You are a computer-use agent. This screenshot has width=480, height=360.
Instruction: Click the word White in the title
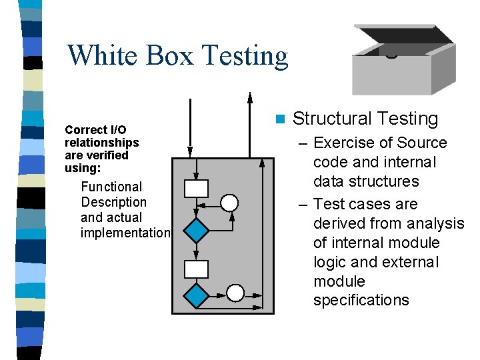tap(100, 55)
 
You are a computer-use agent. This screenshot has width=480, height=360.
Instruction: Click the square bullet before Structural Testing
tap(280, 119)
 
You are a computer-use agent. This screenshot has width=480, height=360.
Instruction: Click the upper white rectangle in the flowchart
tap(196, 189)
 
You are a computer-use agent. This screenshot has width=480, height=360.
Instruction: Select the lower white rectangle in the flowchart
tap(196, 269)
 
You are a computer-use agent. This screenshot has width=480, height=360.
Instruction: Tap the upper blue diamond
tap(196, 231)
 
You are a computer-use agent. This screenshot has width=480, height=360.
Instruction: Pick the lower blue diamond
tap(196, 294)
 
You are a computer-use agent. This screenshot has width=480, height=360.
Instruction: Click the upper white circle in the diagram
tap(229, 203)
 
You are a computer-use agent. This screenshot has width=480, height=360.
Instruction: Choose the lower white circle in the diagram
tap(235, 292)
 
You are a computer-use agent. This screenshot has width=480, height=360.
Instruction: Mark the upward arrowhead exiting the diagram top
tap(250, 97)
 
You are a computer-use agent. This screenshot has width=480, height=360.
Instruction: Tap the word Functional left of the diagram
tap(111, 187)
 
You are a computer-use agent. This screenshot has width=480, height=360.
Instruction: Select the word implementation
tap(125, 233)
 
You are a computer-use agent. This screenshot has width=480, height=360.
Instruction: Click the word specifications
tap(361, 300)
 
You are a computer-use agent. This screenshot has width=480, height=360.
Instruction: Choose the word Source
tap(421, 143)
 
